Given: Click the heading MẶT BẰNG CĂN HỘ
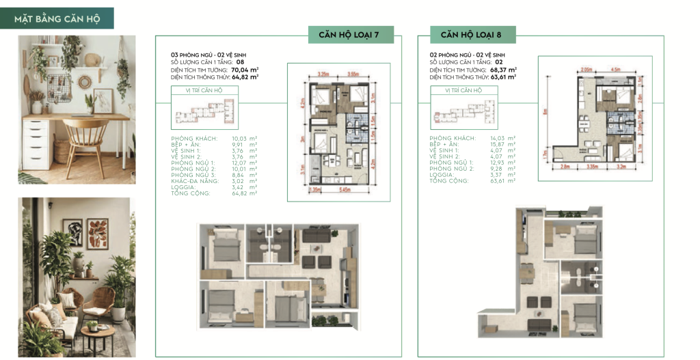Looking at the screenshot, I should click(57, 18).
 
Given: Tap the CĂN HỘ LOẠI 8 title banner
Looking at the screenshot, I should click(473, 34).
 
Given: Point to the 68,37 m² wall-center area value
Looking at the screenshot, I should click(503, 69).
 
